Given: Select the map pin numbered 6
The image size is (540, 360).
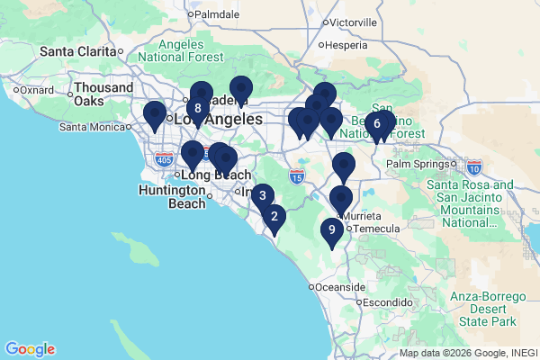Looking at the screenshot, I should pos(377,124).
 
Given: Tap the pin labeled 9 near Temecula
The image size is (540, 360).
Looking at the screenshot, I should pos(332,230).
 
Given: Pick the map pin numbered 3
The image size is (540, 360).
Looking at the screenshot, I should pos(262,195).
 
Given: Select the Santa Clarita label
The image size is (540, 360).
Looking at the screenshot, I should pos(78,51).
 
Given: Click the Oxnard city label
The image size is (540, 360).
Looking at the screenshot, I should pos(37,90).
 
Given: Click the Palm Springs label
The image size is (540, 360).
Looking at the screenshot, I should pos(417,165).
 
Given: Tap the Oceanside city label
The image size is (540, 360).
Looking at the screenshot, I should pos(338,287).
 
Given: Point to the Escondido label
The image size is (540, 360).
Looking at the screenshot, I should pos(387,302).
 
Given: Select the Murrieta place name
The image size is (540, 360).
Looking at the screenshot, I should pos(363,217).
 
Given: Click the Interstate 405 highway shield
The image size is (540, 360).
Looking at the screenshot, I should pos(164,160).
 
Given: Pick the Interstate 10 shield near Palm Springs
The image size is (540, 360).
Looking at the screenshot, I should pos(474,166).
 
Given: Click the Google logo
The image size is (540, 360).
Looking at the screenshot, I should pos(30,349).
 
